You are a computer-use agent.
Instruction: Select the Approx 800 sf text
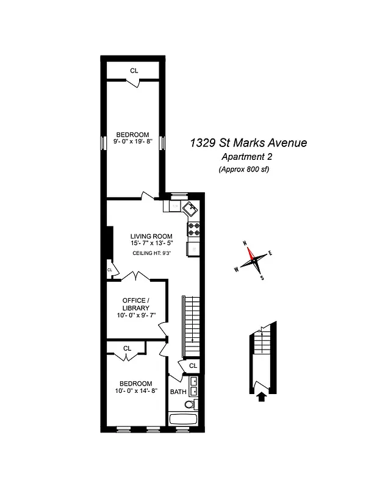[244, 170]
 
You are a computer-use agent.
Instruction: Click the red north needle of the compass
[250, 252]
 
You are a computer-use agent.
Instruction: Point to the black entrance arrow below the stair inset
[262, 397]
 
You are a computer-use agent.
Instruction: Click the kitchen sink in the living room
[190, 208]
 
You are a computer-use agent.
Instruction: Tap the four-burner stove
[194, 229]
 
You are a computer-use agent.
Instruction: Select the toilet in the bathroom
[190, 404]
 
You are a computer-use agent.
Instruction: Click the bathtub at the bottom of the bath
[185, 420]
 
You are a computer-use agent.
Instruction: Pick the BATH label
[178, 392]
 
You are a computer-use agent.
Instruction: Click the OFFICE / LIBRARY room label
[135, 304]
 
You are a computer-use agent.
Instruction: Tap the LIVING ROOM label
[151, 236]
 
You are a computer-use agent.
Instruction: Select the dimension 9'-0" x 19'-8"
[134, 142]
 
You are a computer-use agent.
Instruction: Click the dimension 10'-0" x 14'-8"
[137, 391]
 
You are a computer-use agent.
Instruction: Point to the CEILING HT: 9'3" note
[151, 253]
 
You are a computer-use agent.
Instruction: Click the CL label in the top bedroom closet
[134, 71]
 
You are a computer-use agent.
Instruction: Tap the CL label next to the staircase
[193, 365]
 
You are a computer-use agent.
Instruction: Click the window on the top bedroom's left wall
[103, 143]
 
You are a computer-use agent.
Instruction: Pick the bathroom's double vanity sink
[194, 386]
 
